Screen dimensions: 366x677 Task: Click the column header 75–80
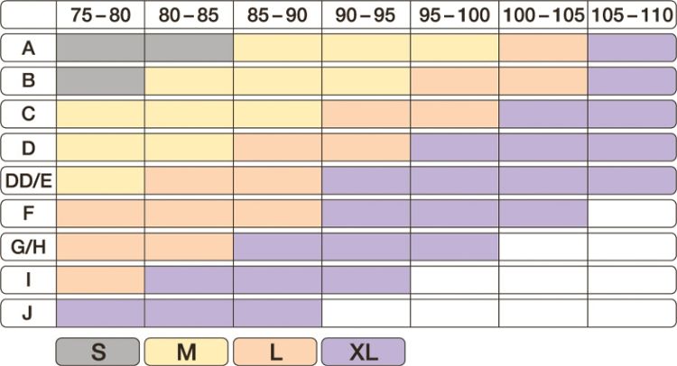(x=100, y=15)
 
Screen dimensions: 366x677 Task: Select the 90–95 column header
(x=366, y=15)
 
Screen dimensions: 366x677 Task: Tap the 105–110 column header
(x=632, y=15)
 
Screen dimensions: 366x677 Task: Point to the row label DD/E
(x=27, y=179)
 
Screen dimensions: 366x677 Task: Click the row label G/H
(x=27, y=246)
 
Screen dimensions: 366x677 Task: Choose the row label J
(x=27, y=312)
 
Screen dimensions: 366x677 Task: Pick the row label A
(x=27, y=48)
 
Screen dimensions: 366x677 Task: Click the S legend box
(x=97, y=351)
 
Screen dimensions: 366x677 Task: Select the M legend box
(x=186, y=351)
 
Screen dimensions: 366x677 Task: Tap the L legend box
(x=274, y=351)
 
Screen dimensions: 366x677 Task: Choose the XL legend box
(x=363, y=351)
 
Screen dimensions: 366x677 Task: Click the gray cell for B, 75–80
(x=100, y=81)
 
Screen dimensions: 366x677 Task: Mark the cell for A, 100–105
(x=543, y=48)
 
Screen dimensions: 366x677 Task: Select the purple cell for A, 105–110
(x=632, y=48)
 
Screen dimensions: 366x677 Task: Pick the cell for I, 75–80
(x=100, y=279)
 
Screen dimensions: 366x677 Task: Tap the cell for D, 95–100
(x=454, y=147)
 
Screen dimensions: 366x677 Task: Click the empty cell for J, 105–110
(x=632, y=312)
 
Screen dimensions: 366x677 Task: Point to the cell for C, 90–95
(x=366, y=114)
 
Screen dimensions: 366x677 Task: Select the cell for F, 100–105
(x=543, y=213)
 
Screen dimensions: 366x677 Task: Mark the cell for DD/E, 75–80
(x=100, y=179)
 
